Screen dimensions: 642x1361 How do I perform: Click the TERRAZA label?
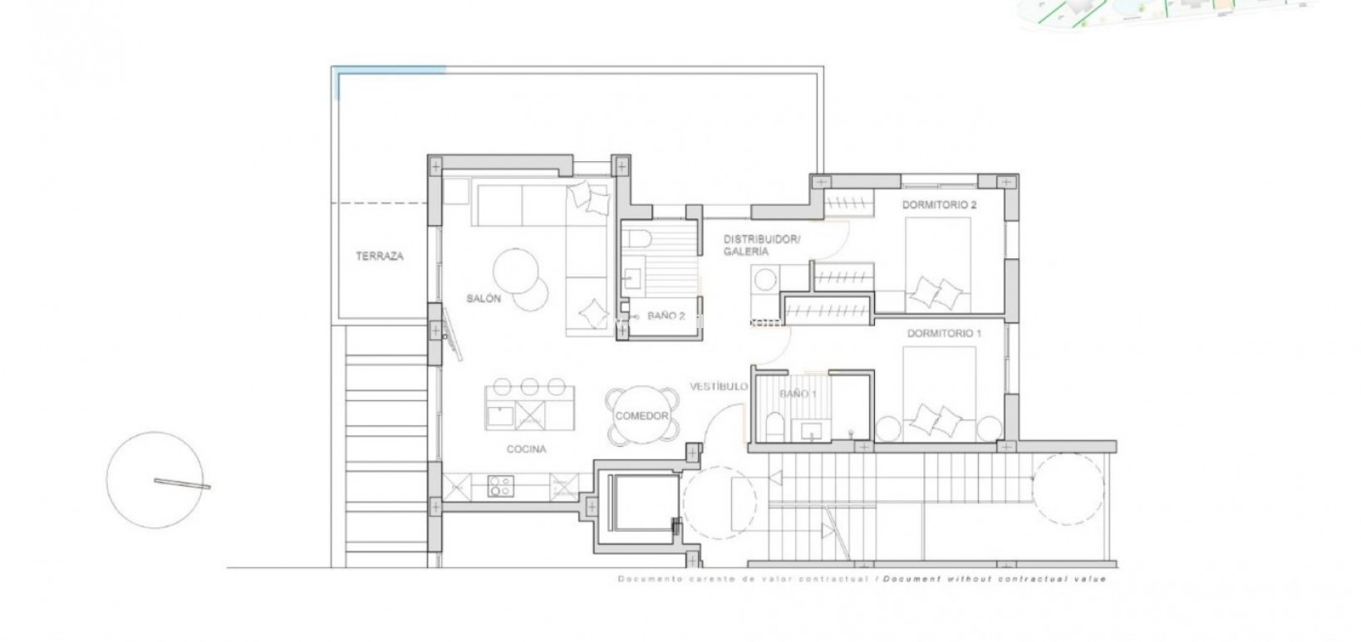pyautogui.click(x=380, y=257)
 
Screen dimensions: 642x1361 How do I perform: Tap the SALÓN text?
pyautogui.click(x=484, y=299)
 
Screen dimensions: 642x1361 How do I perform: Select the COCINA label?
pyautogui.click(x=527, y=449)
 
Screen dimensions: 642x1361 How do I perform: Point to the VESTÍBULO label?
pyautogui.click(x=719, y=386)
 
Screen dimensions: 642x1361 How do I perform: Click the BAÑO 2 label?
pyautogui.click(x=666, y=316)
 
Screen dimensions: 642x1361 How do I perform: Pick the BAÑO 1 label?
pyautogui.click(x=798, y=394)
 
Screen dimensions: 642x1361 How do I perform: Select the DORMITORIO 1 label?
pyautogui.click(x=944, y=334)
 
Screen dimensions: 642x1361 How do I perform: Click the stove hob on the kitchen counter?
pyautogui.click(x=499, y=485)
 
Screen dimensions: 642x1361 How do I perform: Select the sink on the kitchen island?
pyautogui.click(x=499, y=413)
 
